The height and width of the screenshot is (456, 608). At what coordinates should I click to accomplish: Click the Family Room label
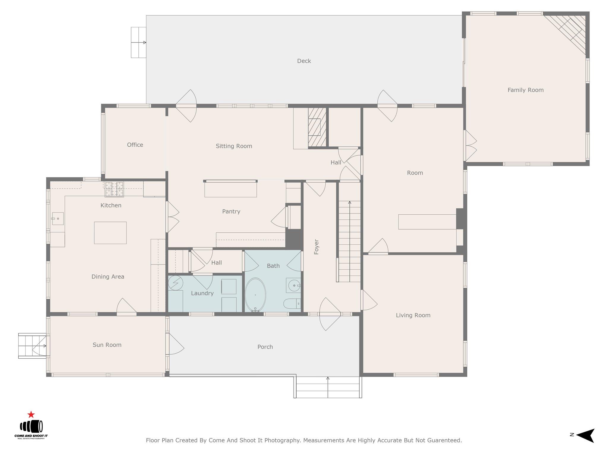(x=525, y=90)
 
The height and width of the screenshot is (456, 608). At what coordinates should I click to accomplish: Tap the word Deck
(x=304, y=61)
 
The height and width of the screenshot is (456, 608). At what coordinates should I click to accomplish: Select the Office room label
(x=135, y=145)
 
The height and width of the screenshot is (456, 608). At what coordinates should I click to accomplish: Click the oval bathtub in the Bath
(x=255, y=295)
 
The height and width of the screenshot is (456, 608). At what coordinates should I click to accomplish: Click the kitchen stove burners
(x=114, y=189)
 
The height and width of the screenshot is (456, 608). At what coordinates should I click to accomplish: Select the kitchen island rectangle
(x=110, y=233)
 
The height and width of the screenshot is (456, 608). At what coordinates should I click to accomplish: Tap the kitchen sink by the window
(x=58, y=218)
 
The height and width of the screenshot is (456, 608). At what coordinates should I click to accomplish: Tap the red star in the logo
(x=31, y=415)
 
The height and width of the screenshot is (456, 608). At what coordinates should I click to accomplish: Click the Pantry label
(x=231, y=211)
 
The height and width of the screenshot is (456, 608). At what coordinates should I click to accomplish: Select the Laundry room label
(x=202, y=293)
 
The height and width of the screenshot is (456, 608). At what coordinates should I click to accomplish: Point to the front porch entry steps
(x=328, y=387)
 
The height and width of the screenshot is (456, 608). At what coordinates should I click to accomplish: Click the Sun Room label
(x=107, y=345)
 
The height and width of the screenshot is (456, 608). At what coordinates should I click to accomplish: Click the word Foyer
(x=316, y=247)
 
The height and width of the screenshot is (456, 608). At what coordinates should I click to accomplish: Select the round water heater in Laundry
(x=175, y=283)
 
